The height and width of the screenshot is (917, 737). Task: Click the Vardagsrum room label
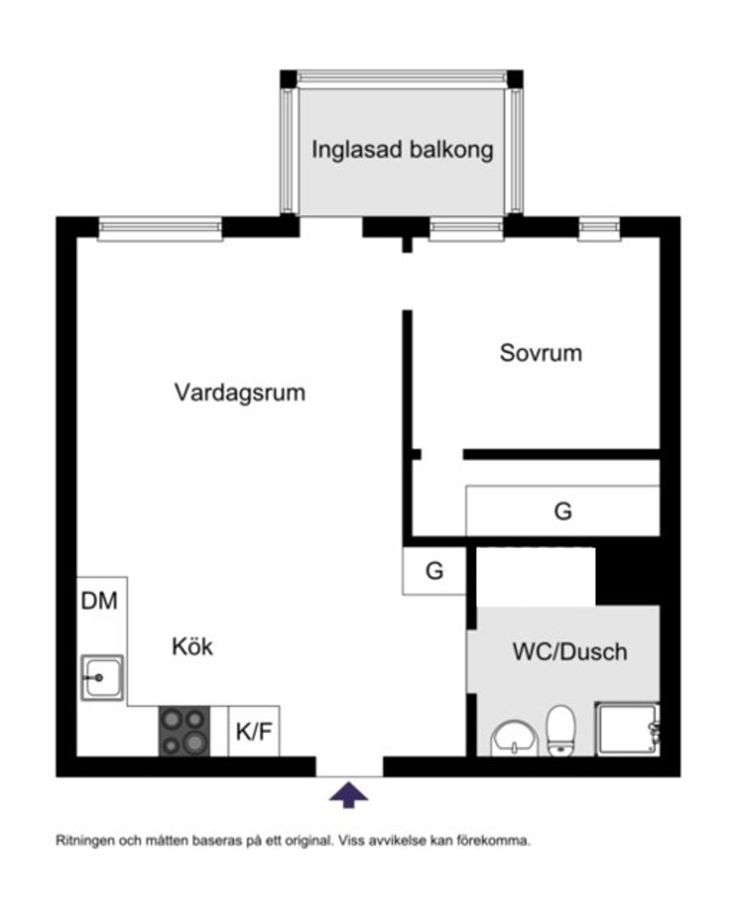[x=239, y=392]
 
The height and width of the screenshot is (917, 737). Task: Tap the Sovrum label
[x=541, y=354]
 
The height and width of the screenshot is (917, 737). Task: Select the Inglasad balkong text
[x=402, y=150]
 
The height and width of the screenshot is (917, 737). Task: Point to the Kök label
[x=192, y=646]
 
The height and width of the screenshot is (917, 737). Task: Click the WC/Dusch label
[x=570, y=652]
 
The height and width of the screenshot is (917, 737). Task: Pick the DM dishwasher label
[x=99, y=601]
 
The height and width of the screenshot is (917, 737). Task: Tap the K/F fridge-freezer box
[x=254, y=731]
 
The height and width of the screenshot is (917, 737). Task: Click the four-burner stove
[x=184, y=731]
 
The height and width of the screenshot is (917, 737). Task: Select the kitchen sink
[x=103, y=678]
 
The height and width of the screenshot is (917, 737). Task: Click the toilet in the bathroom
[x=561, y=730]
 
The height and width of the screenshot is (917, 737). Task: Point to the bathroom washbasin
[x=515, y=738]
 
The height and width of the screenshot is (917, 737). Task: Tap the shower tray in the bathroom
[x=628, y=729]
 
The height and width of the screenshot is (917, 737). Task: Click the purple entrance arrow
[x=348, y=795]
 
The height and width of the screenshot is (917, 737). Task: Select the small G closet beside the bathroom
[x=434, y=571]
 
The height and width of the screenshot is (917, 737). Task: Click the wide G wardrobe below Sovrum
[x=563, y=511]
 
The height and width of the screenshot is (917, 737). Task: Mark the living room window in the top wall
[x=160, y=229]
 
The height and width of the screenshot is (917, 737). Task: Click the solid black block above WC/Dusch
[x=628, y=576]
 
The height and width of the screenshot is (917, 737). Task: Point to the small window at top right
[x=599, y=229]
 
